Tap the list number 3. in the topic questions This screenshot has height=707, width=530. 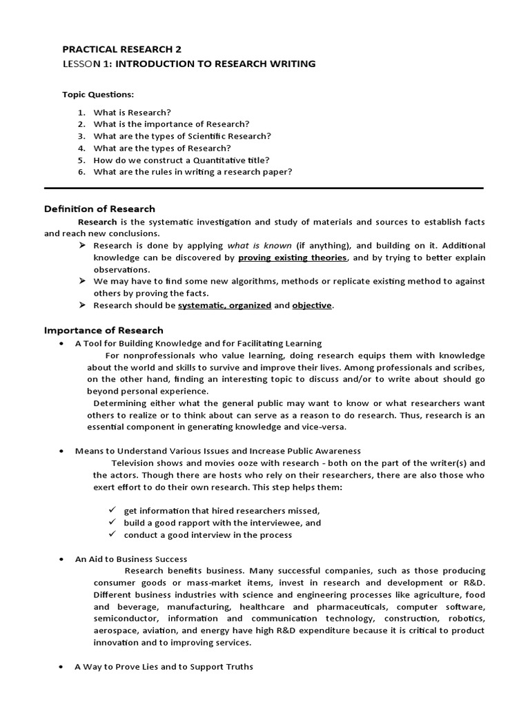pos(81,136)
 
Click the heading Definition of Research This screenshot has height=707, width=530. pos(99,209)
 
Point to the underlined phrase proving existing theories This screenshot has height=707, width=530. pos(292,258)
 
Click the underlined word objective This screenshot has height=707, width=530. pos(312,305)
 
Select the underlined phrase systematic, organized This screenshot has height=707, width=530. pos(224,305)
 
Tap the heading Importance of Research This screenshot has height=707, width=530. pos(104,330)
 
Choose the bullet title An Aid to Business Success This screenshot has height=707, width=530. pos(131,559)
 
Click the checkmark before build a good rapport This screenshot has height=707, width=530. pos(112,523)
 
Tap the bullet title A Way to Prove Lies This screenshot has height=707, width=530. pos(164,666)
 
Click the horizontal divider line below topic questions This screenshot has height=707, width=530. pos(264,187)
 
